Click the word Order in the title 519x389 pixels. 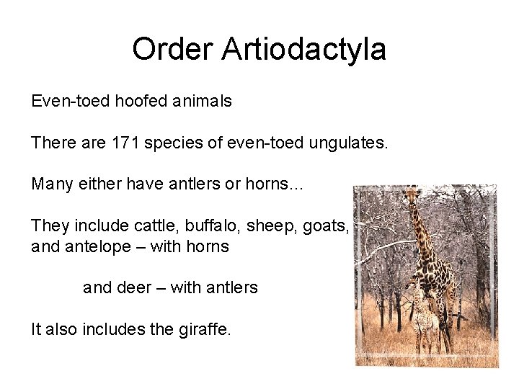click(x=173, y=50)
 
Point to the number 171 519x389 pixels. click(x=125, y=143)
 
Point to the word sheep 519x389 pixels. click(x=270, y=226)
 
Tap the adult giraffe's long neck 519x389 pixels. click(x=423, y=231)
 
